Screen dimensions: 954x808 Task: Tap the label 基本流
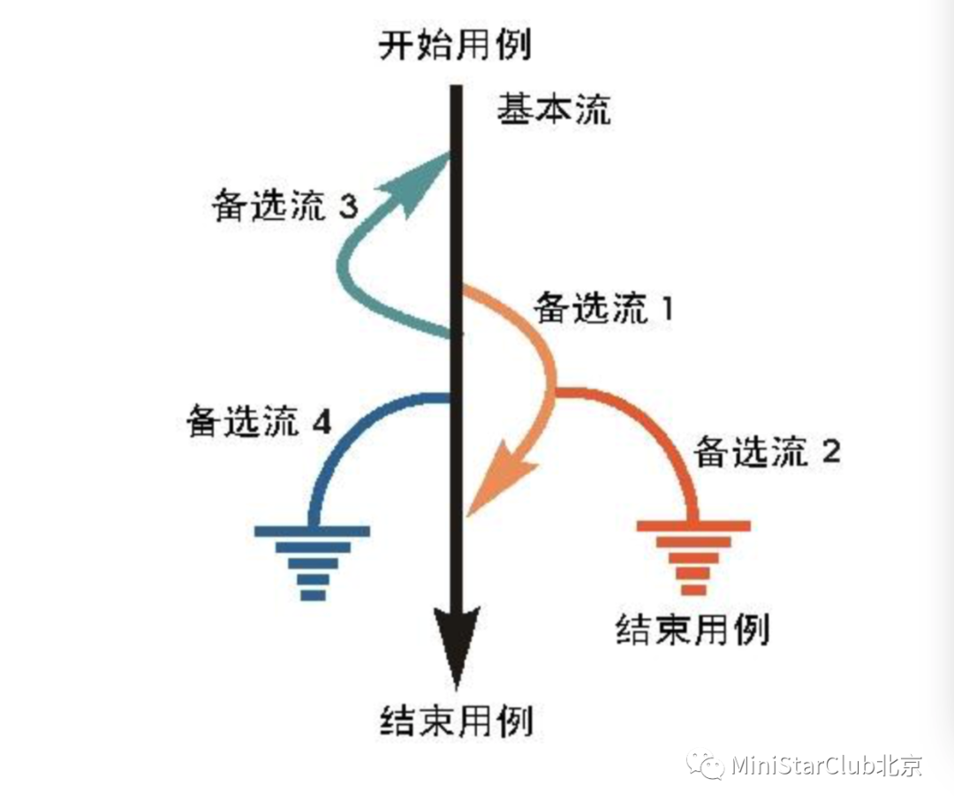[553, 111]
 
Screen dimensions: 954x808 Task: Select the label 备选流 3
[284, 208]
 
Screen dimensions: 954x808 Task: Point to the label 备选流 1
[604, 308]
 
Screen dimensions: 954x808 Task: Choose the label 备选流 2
[766, 453]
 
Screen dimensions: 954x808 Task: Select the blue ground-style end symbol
[312, 562]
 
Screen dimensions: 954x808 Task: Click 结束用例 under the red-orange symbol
[692, 631]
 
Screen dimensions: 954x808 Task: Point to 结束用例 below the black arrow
[457, 721]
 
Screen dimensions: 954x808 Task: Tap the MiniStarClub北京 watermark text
[827, 765]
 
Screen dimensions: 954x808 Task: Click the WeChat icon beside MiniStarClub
[706, 765]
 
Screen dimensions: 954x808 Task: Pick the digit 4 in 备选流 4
[322, 424]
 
